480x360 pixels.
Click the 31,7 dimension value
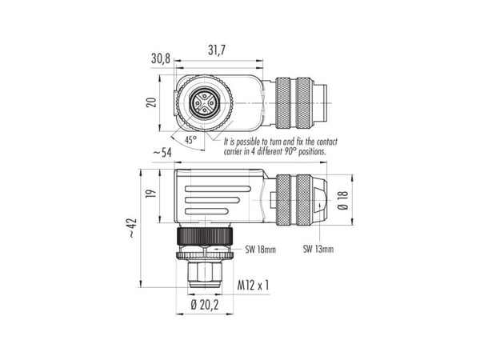pos(217,50)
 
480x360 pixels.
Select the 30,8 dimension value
pos(161,58)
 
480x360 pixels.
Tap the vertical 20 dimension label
pos(151,102)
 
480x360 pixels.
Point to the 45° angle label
pos(190,140)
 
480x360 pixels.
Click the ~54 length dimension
pos(162,152)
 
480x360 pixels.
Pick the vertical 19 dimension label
pos(151,194)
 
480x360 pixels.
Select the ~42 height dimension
pos(132,228)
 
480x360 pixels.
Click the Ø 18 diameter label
pos(343,200)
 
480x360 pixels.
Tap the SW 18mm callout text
pos(260,250)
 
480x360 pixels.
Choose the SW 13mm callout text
pos(318,249)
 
